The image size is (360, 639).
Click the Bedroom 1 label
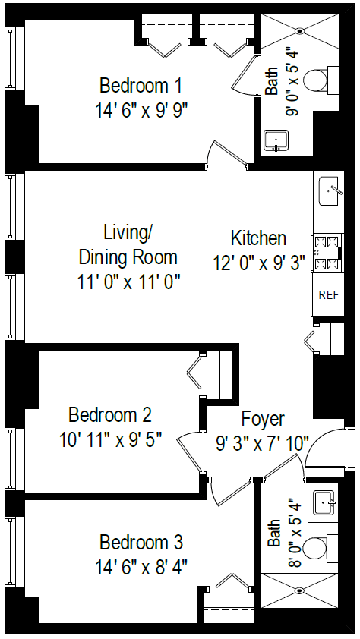tap(141, 84)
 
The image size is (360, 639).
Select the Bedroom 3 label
tap(141, 543)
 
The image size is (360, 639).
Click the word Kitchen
tap(258, 238)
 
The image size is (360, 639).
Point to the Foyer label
tap(263, 418)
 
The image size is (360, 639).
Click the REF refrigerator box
tap(328, 294)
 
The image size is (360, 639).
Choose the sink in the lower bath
tap(326, 501)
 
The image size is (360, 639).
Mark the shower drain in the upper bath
tap(299, 31)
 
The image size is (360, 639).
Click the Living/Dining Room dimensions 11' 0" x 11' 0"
tap(128, 282)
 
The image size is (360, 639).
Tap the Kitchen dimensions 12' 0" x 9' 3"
tap(259, 263)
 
